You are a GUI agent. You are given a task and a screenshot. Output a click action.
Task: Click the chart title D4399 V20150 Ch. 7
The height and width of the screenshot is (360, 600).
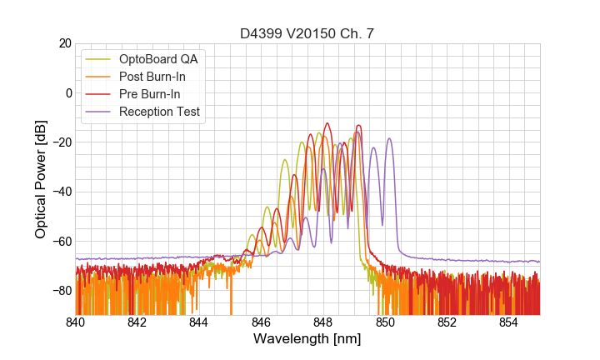(x=307, y=33)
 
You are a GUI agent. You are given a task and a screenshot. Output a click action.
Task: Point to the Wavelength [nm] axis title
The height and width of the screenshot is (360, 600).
(x=307, y=339)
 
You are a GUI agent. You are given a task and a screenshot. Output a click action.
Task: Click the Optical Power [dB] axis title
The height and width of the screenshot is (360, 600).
(x=41, y=179)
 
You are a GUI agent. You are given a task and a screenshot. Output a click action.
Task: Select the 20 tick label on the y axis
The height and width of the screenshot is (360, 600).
(x=64, y=43)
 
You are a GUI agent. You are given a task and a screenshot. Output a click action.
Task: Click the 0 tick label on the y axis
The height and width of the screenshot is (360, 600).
(x=67, y=92)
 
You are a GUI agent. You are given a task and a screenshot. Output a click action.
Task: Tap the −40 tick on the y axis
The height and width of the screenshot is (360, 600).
(x=61, y=192)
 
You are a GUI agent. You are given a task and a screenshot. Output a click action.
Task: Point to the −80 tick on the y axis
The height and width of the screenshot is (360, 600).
(x=61, y=291)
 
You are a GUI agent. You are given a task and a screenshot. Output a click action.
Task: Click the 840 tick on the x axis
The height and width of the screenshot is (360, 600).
(x=75, y=322)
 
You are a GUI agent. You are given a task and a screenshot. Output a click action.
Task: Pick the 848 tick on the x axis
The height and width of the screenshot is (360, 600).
(x=322, y=322)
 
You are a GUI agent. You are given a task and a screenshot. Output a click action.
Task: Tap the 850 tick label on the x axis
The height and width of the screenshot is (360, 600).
(x=385, y=322)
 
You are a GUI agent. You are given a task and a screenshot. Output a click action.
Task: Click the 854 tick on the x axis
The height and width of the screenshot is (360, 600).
(x=508, y=322)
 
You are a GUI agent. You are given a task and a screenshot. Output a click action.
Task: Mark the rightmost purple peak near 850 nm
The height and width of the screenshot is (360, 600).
(x=388, y=139)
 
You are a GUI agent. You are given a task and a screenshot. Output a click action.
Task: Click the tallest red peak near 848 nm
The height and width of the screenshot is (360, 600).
(x=327, y=123)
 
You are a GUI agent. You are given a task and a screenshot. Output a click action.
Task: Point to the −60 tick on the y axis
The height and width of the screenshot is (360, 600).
(x=61, y=242)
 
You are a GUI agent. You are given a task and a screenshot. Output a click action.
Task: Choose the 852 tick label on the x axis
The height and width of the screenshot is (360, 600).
(x=447, y=322)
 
